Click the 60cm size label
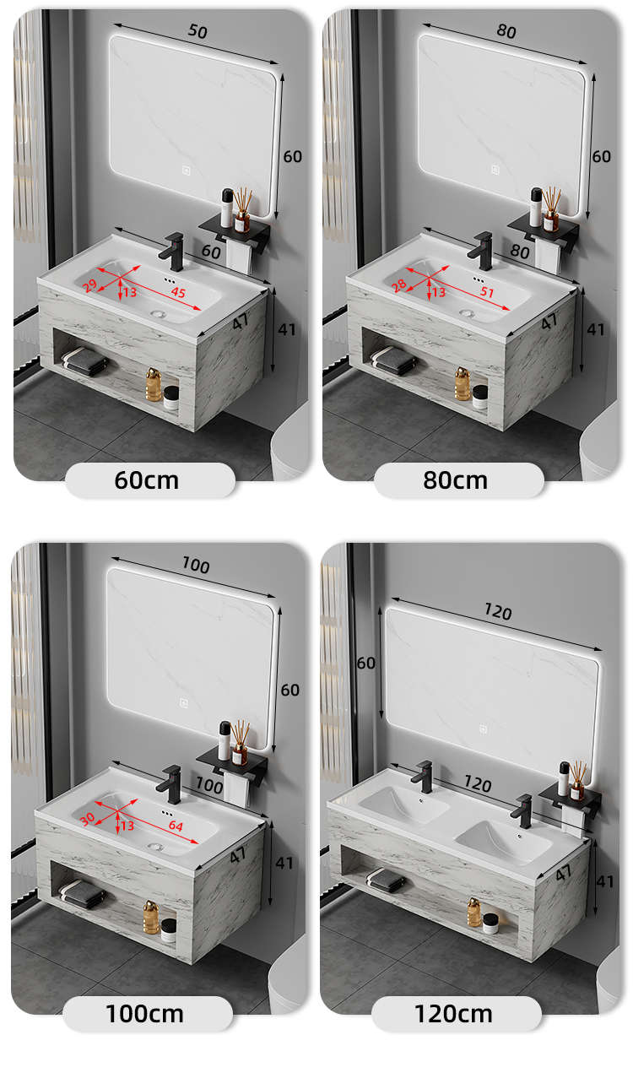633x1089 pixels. [146, 480]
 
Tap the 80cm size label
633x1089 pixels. [455, 480]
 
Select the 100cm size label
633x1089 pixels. [145, 1014]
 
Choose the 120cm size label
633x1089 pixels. [453, 1014]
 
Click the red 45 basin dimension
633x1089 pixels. [178, 292]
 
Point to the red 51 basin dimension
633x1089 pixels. [487, 292]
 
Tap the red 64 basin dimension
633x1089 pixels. [176, 826]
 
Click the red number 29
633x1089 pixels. [90, 285]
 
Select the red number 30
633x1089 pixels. [88, 819]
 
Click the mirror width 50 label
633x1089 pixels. [197, 31]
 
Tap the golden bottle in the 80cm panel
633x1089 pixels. [462, 383]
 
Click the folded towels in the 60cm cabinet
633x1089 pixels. [85, 361]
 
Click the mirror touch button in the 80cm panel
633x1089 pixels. [495, 170]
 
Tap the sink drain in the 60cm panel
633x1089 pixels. [158, 314]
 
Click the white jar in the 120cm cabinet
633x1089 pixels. [490, 924]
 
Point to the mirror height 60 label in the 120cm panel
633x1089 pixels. [365, 663]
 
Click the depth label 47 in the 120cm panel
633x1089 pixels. [564, 873]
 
